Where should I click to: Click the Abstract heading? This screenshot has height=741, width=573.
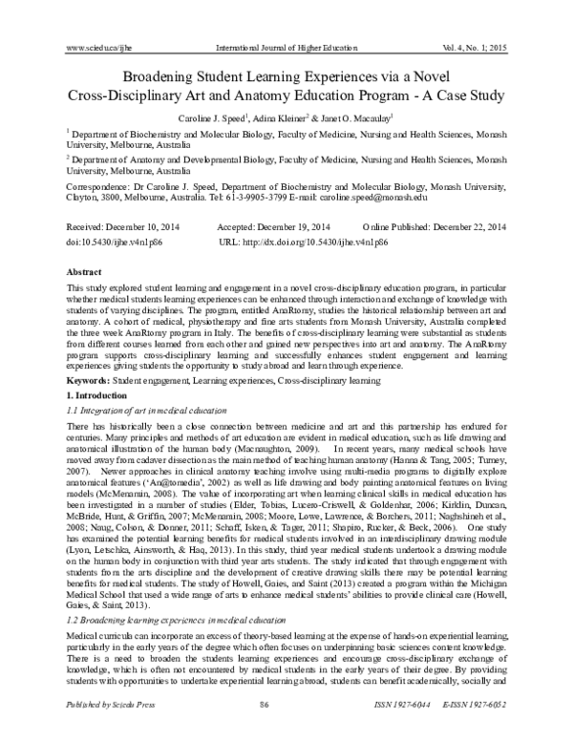[x=80, y=272]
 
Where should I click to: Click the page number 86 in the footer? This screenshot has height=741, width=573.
[x=286, y=729]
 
